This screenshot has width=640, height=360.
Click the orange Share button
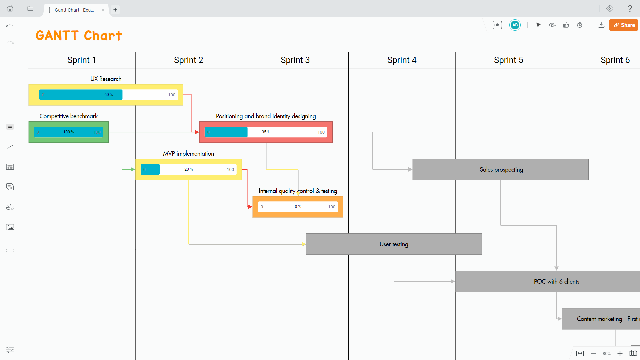pos(624,25)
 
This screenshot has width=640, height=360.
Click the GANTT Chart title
pos(79,36)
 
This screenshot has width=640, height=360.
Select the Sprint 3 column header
pos(295,60)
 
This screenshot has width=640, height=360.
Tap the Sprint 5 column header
pos(508,60)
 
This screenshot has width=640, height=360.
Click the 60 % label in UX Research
pos(109,95)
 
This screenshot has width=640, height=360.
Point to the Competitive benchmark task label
pos(69,116)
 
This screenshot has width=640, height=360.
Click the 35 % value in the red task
pos(266,132)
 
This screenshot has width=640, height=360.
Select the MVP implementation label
pos(188,153)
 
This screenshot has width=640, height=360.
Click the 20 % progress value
pos(188,169)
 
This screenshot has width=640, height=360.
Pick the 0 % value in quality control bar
pos(298,207)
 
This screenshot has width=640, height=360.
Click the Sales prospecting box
pos(500,169)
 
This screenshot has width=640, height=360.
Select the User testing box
pos(394,244)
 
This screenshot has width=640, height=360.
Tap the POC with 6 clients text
pos(556,281)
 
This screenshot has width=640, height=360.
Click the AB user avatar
pos(515,25)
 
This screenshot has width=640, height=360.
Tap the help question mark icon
pos(630,9)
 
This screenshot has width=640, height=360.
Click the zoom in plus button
pos(620,353)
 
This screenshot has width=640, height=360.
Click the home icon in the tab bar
pos(10,9)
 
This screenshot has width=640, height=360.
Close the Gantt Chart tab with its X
pos(103,10)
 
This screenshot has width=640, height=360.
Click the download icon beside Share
pos(601,25)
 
